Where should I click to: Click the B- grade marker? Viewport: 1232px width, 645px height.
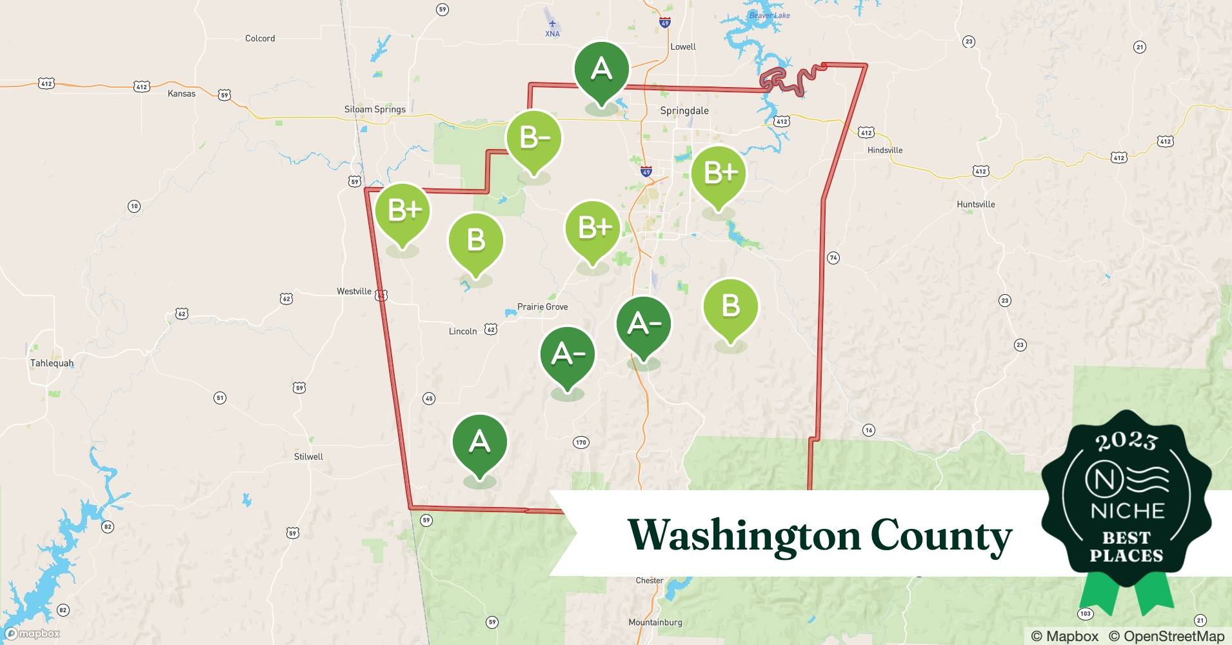533,138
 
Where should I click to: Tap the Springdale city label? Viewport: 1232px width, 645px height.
684,111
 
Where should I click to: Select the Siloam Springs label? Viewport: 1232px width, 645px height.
375,110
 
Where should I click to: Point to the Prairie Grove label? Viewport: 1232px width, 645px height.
542,307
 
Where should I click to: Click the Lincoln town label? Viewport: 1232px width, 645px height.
462,332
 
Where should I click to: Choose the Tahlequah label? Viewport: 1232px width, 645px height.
52,363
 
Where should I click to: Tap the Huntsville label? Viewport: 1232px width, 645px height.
975,204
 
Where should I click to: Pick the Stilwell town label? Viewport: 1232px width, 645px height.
308,457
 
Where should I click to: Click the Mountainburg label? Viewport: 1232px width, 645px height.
655,622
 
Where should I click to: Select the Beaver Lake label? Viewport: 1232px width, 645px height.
769,15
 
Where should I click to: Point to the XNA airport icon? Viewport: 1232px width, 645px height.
552,24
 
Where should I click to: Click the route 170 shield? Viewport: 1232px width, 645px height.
581,442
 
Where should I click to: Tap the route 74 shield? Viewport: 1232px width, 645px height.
833,258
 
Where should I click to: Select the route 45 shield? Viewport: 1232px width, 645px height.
429,399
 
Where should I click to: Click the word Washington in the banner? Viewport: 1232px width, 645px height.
744,535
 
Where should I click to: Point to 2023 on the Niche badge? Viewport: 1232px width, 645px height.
1126,442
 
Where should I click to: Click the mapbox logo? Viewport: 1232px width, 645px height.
32,634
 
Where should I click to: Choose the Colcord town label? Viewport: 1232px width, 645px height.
260,39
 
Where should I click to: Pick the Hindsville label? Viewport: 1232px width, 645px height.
884,150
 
